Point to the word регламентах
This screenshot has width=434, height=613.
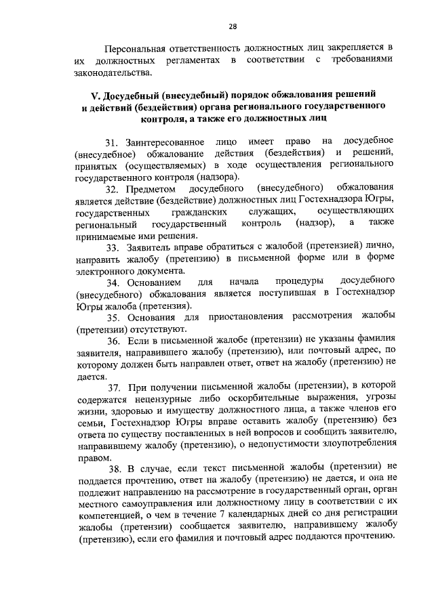[x=186, y=61]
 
